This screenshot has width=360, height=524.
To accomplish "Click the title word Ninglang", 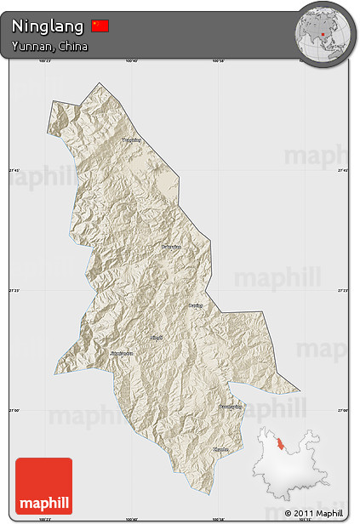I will (x=48, y=26).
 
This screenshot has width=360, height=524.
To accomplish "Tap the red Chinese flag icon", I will (x=100, y=26).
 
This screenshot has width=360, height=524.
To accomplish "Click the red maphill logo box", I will (x=43, y=486).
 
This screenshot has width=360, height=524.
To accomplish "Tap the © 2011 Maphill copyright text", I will (x=314, y=514).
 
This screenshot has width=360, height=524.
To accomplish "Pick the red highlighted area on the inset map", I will (x=280, y=447).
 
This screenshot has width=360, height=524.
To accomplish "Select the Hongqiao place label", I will (x=172, y=247).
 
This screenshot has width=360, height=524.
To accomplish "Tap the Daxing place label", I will (x=196, y=303).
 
